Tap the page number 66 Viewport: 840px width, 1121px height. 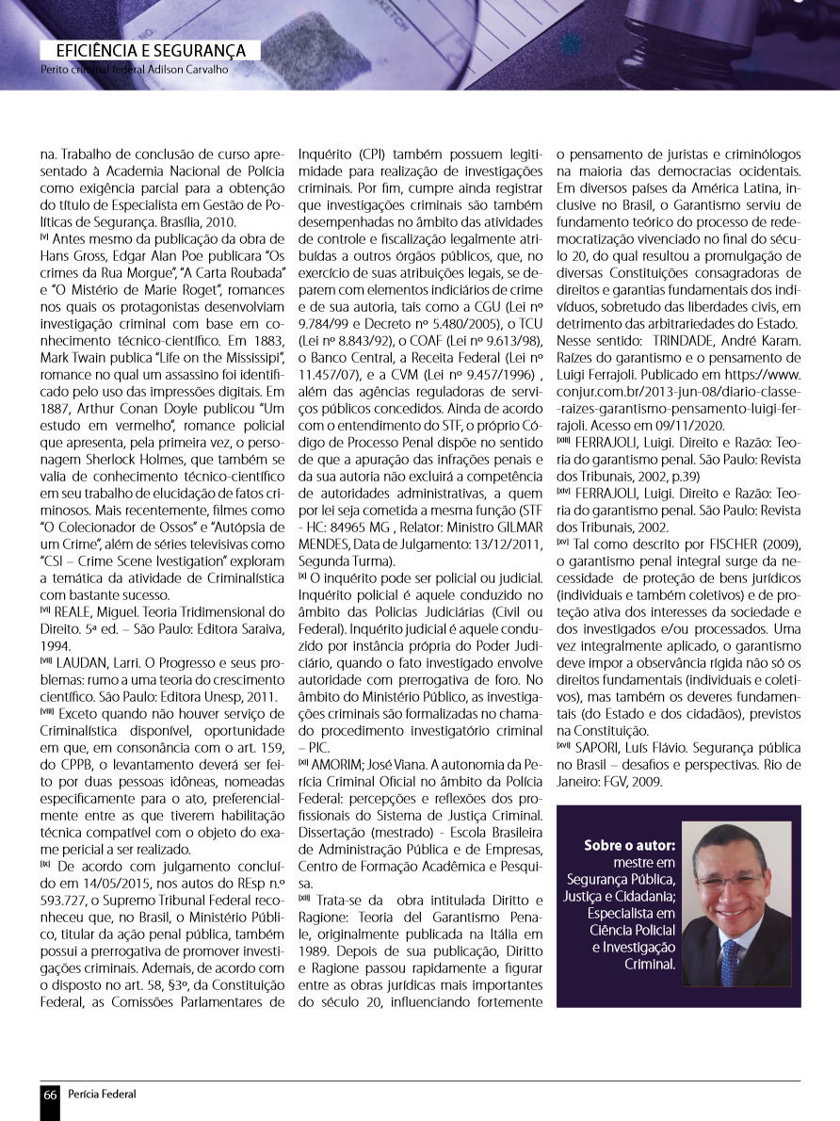50,1094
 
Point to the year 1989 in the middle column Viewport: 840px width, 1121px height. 312,950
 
